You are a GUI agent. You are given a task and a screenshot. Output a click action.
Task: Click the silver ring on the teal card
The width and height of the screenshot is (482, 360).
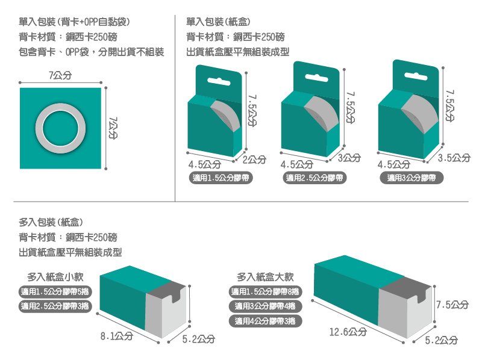(60, 128)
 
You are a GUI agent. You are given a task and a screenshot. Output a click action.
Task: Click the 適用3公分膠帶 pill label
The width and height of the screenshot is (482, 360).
(412, 178)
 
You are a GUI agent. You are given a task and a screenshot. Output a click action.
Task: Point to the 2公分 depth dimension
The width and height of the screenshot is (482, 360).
(254, 159)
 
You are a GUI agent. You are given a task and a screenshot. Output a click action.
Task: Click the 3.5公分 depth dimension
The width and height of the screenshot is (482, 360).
(454, 158)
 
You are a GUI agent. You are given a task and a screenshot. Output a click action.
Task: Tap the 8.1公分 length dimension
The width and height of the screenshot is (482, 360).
(116, 336)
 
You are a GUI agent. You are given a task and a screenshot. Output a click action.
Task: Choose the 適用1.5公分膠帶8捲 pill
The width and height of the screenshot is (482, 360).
(266, 292)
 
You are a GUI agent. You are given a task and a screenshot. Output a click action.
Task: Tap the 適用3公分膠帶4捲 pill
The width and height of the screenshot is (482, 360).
(266, 306)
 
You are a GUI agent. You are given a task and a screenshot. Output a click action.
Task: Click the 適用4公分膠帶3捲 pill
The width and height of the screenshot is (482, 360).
(266, 321)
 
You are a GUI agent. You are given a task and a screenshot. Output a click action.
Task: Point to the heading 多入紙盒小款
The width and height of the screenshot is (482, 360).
(55, 277)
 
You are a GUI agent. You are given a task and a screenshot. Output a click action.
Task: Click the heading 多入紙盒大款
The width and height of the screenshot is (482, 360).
(265, 277)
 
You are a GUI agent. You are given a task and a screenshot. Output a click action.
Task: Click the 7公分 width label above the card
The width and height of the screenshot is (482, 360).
(60, 75)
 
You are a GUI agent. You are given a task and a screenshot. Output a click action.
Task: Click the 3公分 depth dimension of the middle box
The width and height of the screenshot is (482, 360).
(349, 158)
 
